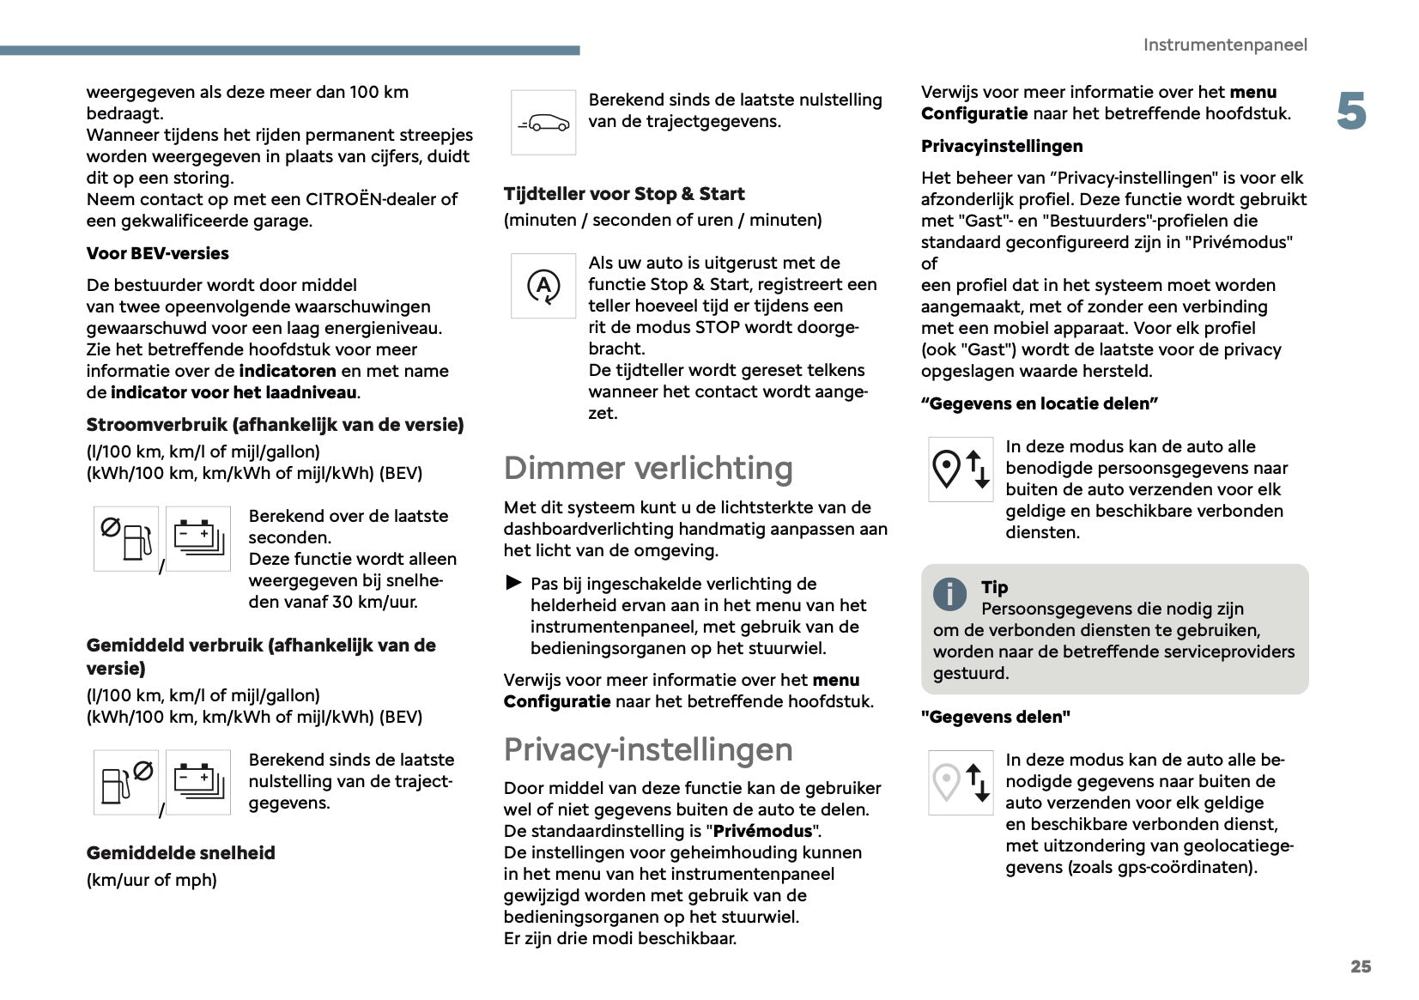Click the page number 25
(x=1360, y=967)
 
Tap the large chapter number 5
(x=1351, y=112)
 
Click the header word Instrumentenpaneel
(x=1224, y=45)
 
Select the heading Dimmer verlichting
(x=648, y=468)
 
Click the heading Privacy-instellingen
(x=648, y=749)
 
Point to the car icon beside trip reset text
(x=543, y=123)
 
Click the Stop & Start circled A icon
(x=543, y=286)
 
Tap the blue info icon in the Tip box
(x=949, y=594)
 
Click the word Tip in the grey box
(x=994, y=587)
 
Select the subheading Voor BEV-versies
(x=158, y=253)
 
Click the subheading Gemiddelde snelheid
(x=181, y=853)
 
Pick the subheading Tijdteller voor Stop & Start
(x=624, y=194)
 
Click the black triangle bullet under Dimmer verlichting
(x=513, y=584)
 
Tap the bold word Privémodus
(x=762, y=831)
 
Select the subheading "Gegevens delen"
(x=995, y=717)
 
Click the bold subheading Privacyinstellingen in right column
(x=1002, y=146)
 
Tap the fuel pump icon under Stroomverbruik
(x=126, y=539)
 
